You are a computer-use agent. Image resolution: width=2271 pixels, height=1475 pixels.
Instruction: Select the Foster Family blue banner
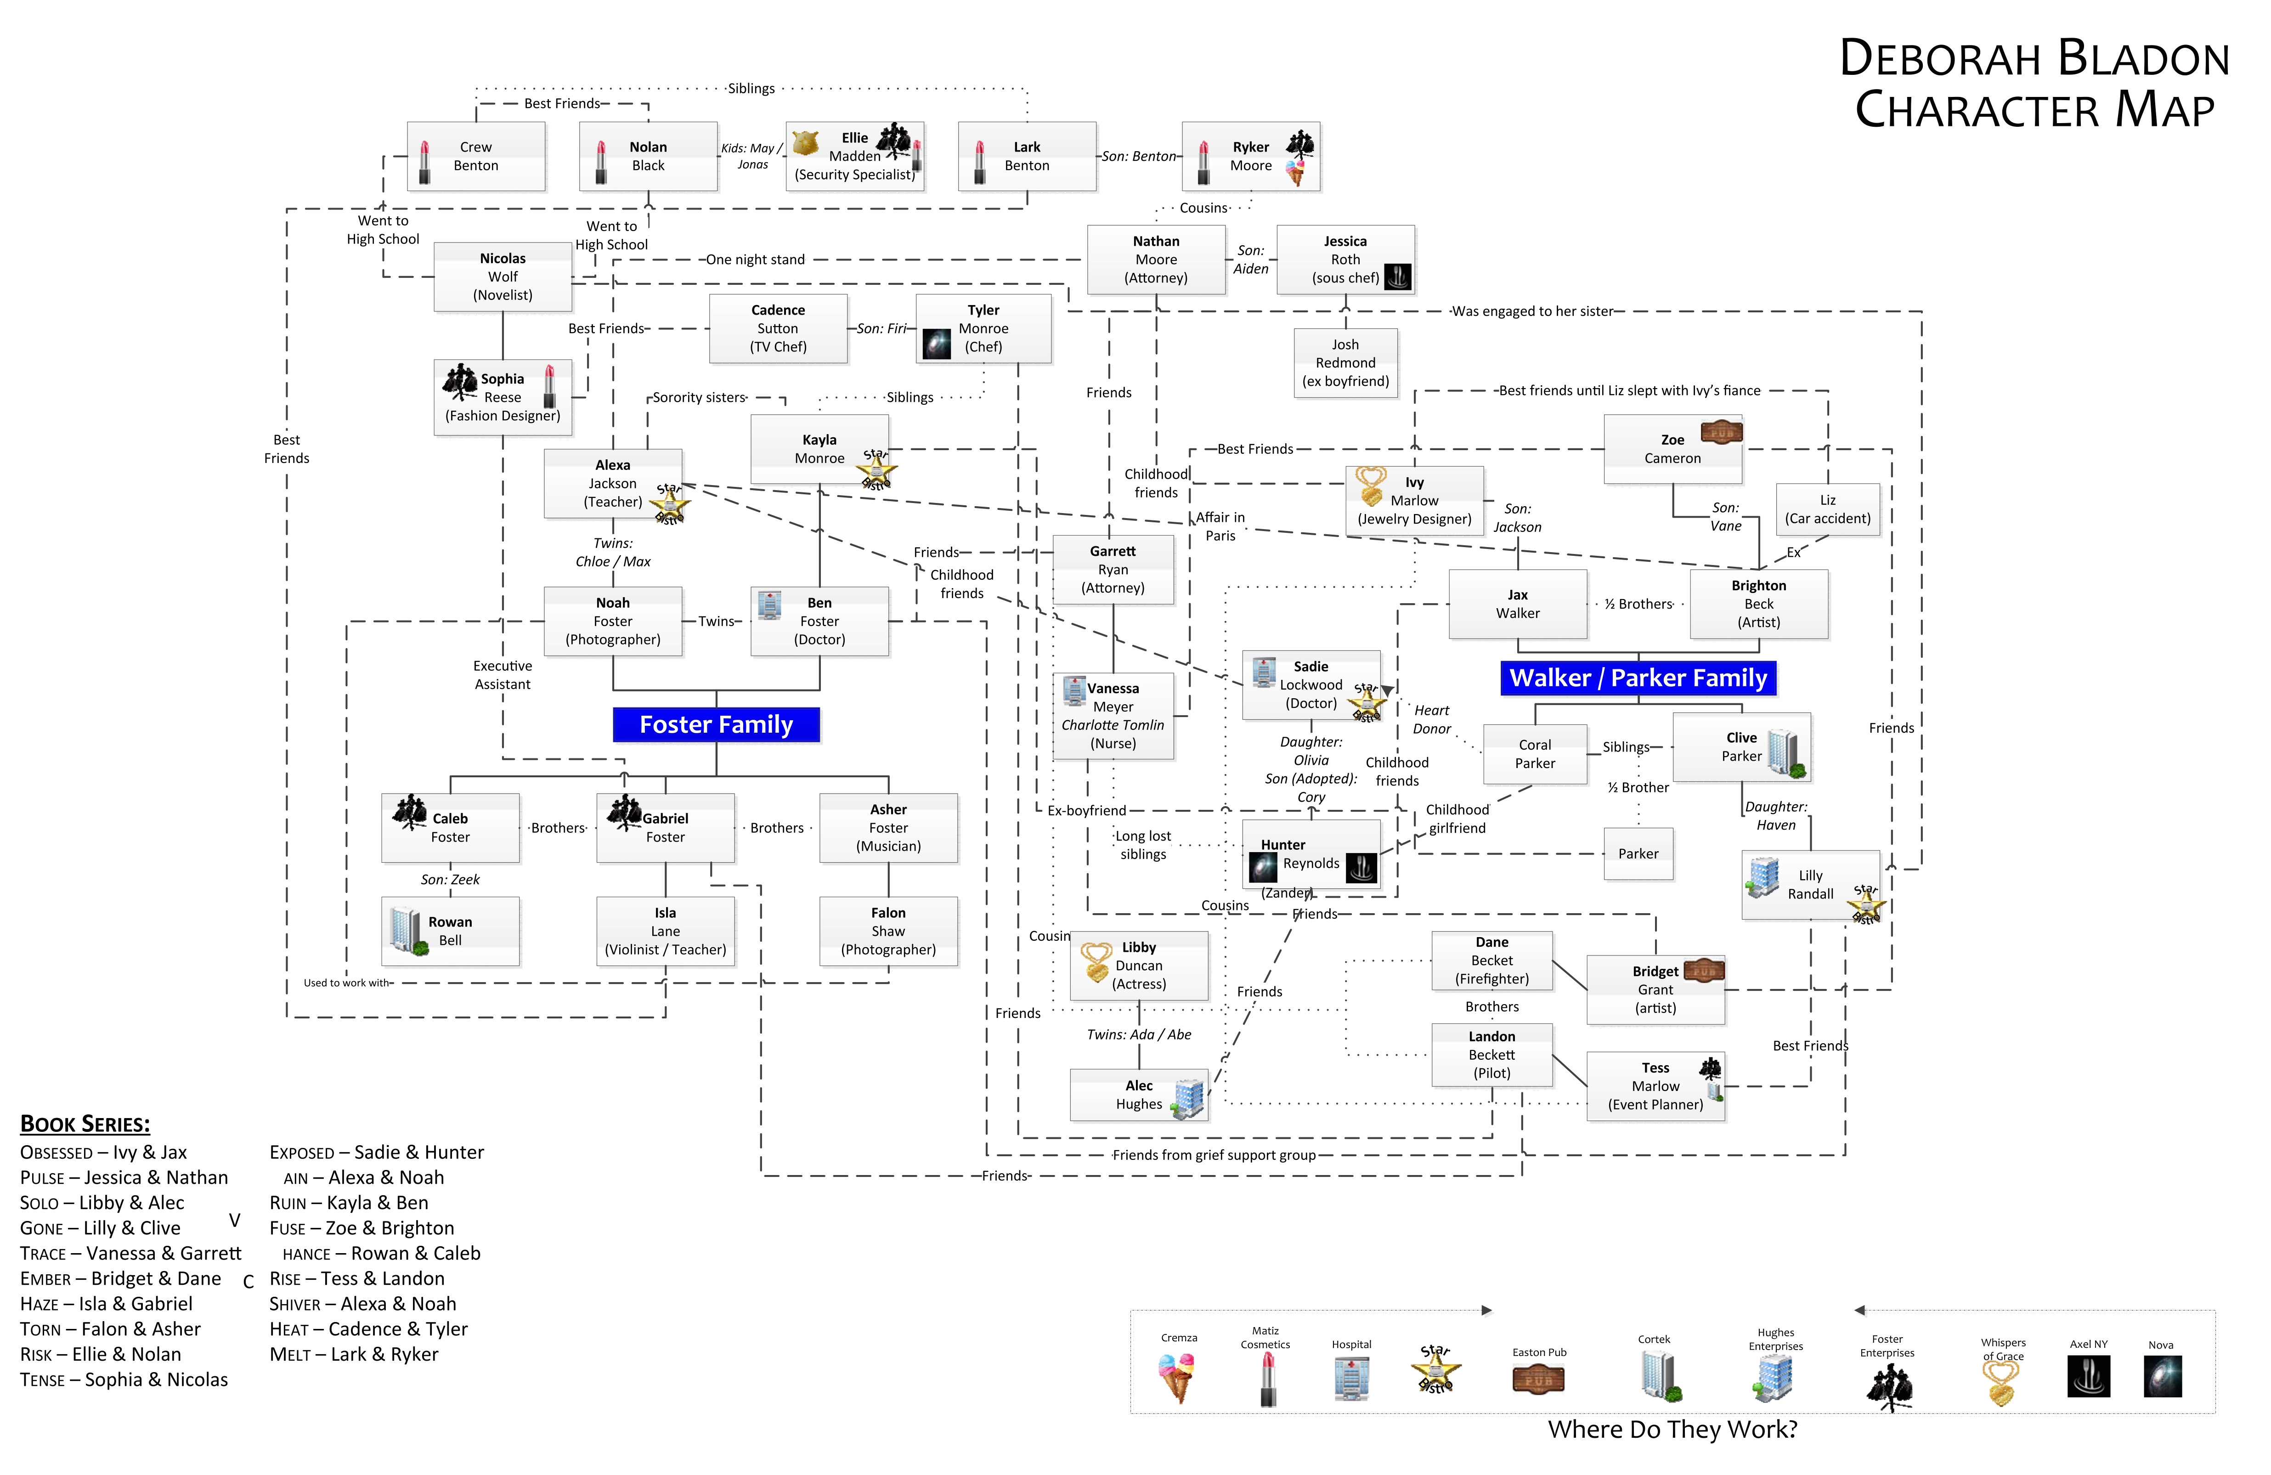[716, 725]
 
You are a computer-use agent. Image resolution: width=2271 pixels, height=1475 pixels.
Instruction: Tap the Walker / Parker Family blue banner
[1638, 678]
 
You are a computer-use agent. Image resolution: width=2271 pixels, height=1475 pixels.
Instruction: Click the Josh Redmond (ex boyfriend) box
[1345, 362]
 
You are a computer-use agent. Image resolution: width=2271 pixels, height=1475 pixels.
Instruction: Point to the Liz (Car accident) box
[1827, 509]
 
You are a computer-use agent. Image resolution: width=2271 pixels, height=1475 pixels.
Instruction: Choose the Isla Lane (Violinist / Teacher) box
[665, 931]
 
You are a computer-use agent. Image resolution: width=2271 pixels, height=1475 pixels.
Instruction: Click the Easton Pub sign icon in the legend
[1538, 1379]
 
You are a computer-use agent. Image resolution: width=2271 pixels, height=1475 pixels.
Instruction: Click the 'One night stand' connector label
[755, 260]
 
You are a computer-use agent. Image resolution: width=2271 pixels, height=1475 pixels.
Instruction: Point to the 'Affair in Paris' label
[1220, 526]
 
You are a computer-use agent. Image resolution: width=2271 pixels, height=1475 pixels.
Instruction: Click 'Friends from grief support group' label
[1214, 1155]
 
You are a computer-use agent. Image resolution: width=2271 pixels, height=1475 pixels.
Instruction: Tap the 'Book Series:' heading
[85, 1124]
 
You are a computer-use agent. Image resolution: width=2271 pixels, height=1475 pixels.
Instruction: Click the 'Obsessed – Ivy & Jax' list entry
[103, 1153]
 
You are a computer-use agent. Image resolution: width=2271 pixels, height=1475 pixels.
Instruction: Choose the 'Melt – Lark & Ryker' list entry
[354, 1355]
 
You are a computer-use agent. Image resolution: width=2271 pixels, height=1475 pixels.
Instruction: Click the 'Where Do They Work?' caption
[1672, 1429]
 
